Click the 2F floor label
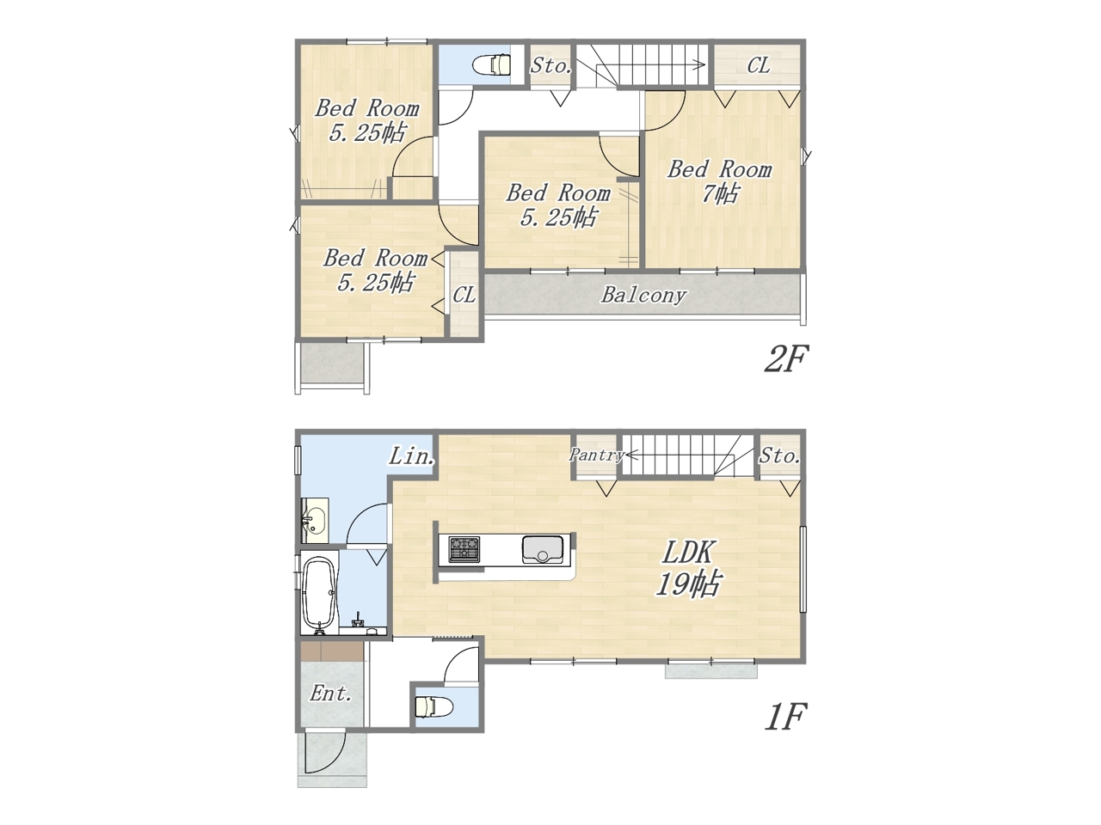(x=785, y=358)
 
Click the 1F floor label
(x=785, y=718)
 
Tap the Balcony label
(x=643, y=295)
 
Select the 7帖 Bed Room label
(x=719, y=181)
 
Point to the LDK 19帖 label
(x=689, y=569)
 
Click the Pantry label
(x=596, y=455)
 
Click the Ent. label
(x=330, y=694)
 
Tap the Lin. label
(x=412, y=455)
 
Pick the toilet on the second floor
(x=491, y=65)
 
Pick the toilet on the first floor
(x=434, y=707)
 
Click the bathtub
(x=319, y=594)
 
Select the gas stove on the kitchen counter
(x=464, y=548)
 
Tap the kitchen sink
(x=543, y=549)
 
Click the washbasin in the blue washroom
(x=316, y=520)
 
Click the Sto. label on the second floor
(x=550, y=65)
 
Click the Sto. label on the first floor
(x=779, y=455)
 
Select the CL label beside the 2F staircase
(x=759, y=65)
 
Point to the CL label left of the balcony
(x=464, y=295)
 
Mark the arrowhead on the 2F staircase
(x=700, y=64)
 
